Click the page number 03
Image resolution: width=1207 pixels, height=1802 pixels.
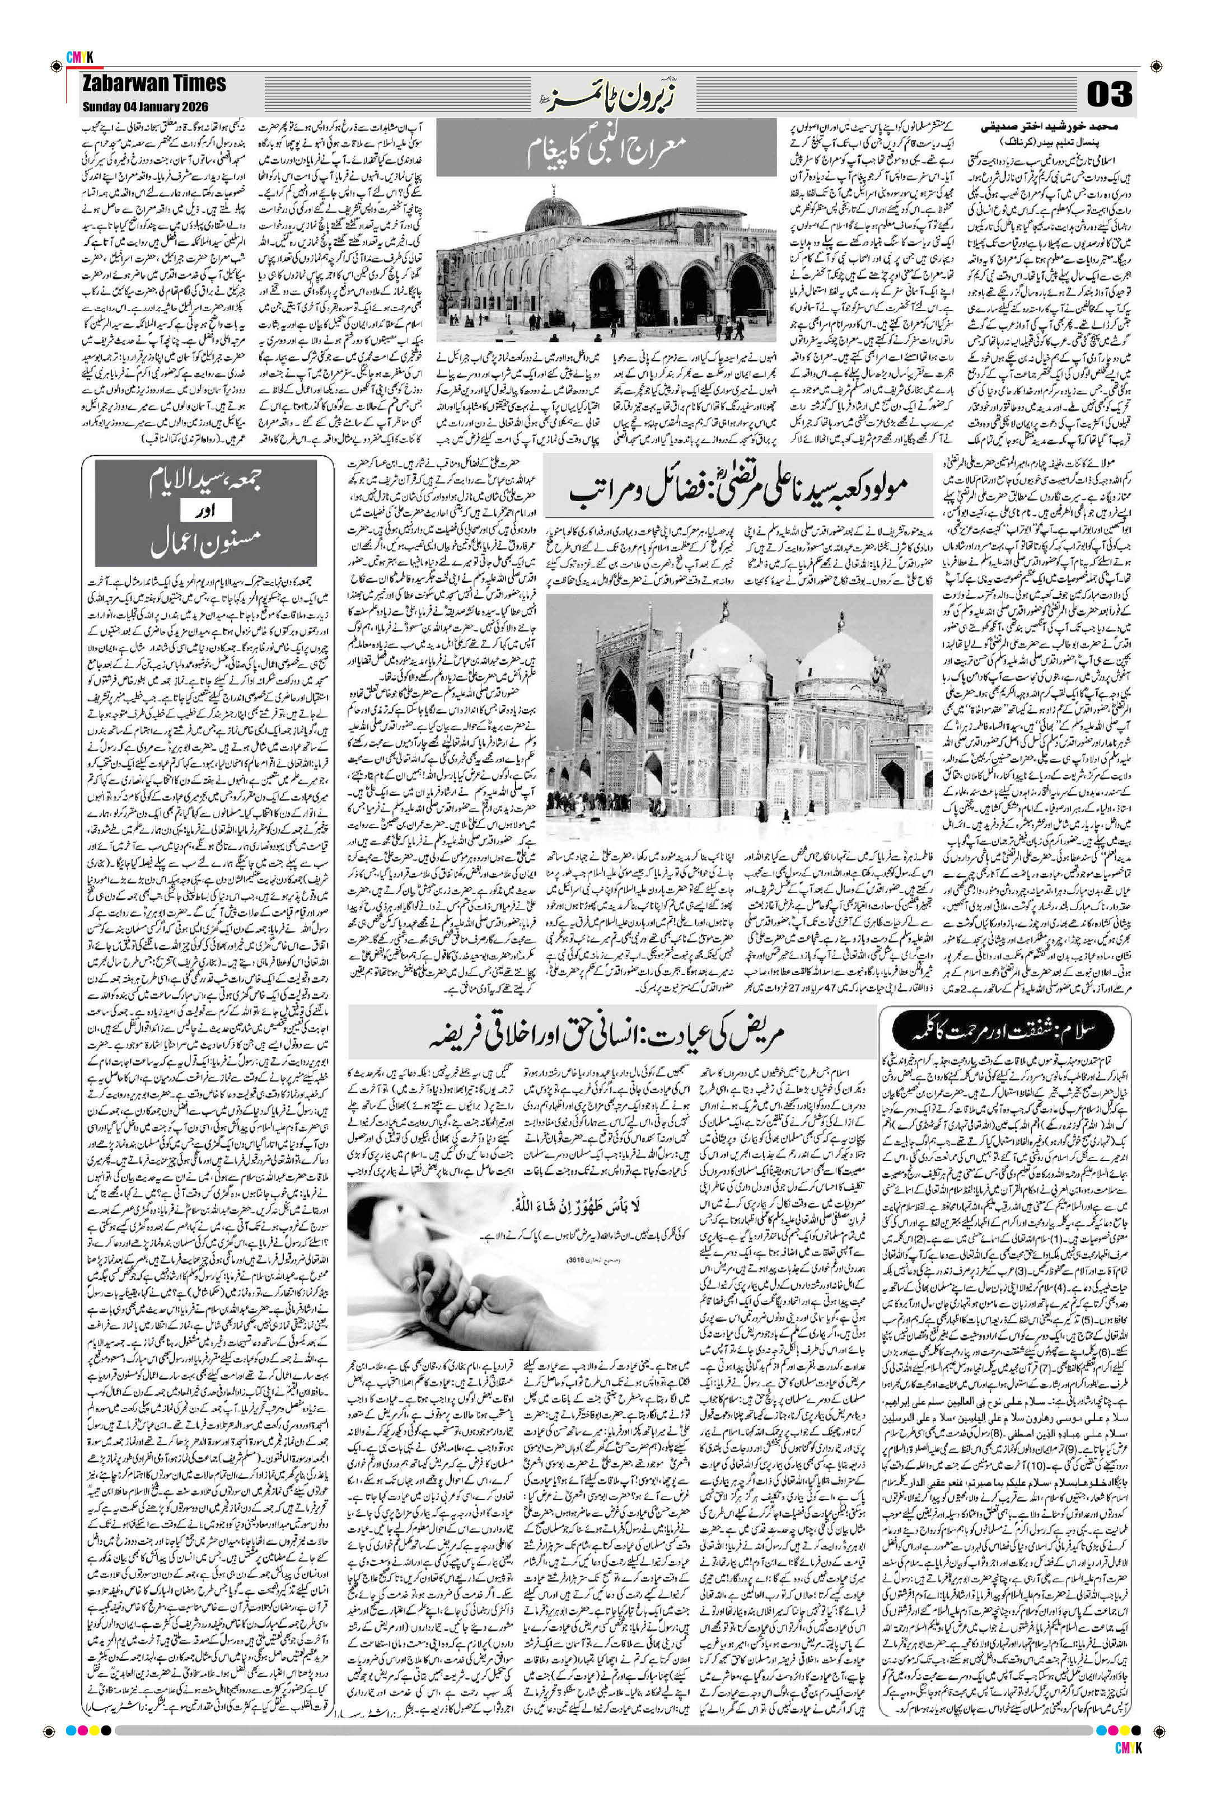1109,94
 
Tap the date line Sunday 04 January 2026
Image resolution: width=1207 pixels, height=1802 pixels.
146,106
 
